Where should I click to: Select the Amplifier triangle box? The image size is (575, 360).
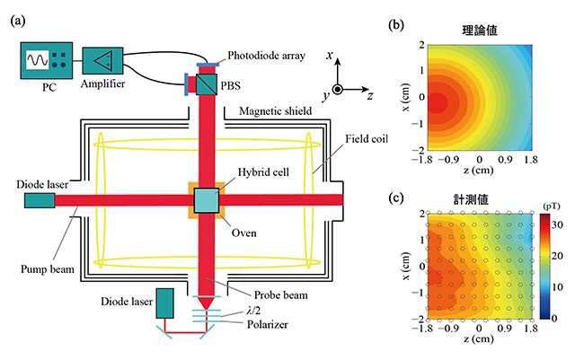point(104,59)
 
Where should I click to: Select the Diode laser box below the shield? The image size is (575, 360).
point(166,303)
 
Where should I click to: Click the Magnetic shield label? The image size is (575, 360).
point(270,111)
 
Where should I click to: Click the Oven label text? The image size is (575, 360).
point(243,233)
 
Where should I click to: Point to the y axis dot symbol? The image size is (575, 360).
point(338,90)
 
